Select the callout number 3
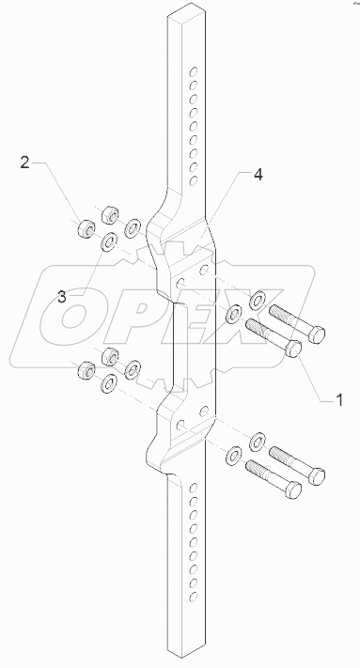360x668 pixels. (61, 296)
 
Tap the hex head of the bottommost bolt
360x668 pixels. (294, 489)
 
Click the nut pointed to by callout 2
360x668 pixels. (85, 226)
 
